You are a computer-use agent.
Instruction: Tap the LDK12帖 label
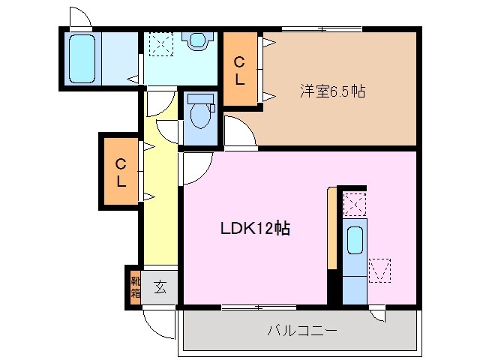pyautogui.click(x=255, y=229)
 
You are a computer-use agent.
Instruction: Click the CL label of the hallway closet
pyautogui.click(x=120, y=172)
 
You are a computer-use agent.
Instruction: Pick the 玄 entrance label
pyautogui.click(x=160, y=286)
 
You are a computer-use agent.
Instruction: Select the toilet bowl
pyautogui.click(x=199, y=115)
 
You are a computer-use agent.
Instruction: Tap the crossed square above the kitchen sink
pyautogui.click(x=354, y=203)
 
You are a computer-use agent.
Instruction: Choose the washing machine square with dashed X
pyautogui.click(x=159, y=43)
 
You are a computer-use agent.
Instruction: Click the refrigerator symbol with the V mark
pyautogui.click(x=379, y=270)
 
